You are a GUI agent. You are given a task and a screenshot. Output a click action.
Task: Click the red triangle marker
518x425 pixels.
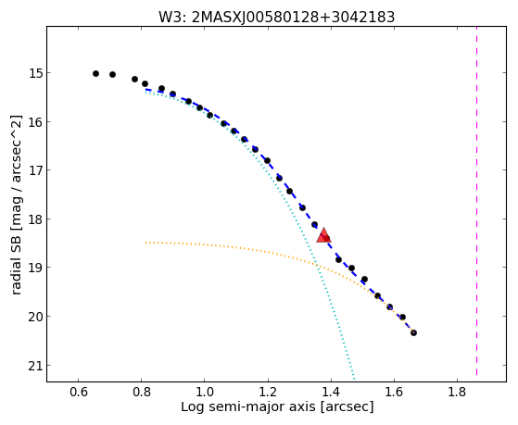click(x=323, y=235)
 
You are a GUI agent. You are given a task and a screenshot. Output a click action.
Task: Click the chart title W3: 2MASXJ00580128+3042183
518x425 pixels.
click(x=276, y=18)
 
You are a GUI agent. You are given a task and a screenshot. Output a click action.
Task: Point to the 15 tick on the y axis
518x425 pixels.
click(x=48, y=72)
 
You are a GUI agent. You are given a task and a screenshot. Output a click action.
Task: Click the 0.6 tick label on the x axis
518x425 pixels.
click(x=78, y=392)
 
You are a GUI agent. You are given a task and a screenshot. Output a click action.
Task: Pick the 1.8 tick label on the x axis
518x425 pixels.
click(x=457, y=392)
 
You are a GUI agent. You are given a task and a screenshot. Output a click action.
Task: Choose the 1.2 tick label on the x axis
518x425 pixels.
click(x=268, y=392)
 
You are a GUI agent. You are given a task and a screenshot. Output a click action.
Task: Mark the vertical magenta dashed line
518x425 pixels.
click(x=476, y=201)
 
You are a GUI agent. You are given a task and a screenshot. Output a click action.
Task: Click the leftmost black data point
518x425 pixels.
click(x=95, y=74)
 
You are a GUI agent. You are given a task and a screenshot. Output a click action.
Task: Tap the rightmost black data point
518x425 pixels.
click(x=413, y=332)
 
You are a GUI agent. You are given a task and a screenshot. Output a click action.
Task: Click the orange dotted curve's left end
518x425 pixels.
click(x=145, y=243)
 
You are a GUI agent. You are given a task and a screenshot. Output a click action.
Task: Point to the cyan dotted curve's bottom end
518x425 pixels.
click(x=354, y=379)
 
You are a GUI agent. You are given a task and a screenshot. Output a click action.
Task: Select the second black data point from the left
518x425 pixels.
click(x=113, y=75)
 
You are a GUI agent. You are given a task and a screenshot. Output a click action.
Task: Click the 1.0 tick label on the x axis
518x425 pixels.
click(x=205, y=392)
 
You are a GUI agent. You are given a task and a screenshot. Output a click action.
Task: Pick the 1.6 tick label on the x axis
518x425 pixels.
click(x=394, y=392)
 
